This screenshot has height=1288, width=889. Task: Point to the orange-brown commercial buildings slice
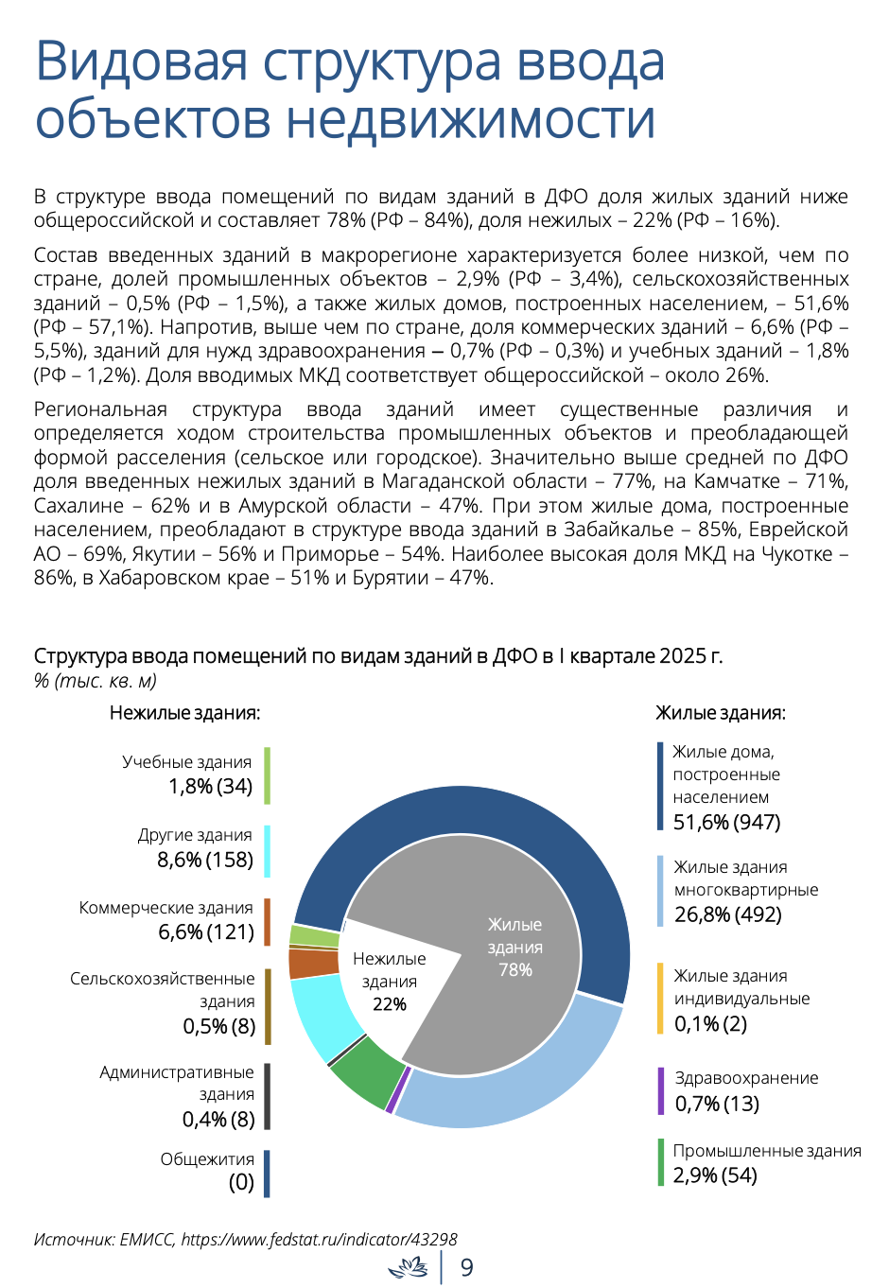pos(312,963)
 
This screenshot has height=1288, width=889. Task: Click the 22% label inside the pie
pos(390,1004)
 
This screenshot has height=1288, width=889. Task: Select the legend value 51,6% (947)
pos(727,822)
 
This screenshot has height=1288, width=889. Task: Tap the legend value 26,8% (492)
pos(728,914)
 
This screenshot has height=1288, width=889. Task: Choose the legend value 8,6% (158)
pos(205,860)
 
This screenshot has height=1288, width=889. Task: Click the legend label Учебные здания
pos(187,762)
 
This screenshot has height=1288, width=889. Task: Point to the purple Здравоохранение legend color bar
pos(661,1090)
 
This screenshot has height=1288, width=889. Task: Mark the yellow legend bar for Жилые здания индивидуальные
pos(661,999)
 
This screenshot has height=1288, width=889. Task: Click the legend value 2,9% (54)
pos(715,1175)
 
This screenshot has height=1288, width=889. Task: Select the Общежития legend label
pos(207,1159)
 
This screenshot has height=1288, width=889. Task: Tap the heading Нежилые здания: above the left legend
pos(185,713)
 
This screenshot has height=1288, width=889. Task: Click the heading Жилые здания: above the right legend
pos(721,713)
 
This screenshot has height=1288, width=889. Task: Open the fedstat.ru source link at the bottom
pos(319,1239)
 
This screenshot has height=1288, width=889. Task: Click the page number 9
pos(467,1267)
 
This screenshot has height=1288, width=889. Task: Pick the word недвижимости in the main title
pos(471,119)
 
